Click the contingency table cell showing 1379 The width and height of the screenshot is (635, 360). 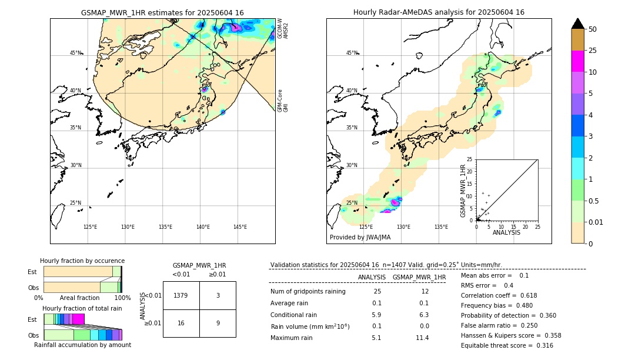point(181,295)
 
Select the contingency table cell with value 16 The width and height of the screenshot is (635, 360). point(181,323)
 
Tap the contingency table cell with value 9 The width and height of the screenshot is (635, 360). point(218,323)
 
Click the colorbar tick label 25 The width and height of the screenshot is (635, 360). point(593,51)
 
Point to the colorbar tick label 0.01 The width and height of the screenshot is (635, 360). point(596,222)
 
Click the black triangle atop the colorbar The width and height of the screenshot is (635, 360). point(577,24)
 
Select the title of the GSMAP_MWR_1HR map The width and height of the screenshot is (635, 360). point(162,12)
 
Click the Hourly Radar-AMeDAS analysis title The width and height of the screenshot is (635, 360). point(439,12)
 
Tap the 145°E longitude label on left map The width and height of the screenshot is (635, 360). point(240,227)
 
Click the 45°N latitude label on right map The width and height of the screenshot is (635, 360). point(352,53)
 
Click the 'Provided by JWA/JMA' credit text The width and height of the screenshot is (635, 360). point(360,238)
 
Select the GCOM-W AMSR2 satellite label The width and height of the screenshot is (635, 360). point(283,28)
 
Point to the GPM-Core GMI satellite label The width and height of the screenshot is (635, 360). point(283,101)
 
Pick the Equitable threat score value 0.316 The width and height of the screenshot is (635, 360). point(541,346)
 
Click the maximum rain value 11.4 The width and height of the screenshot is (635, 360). point(422,338)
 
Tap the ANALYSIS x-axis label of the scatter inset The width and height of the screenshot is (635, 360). point(506,233)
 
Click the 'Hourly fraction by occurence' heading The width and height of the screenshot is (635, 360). point(82,261)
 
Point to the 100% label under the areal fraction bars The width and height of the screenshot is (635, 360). point(122,298)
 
